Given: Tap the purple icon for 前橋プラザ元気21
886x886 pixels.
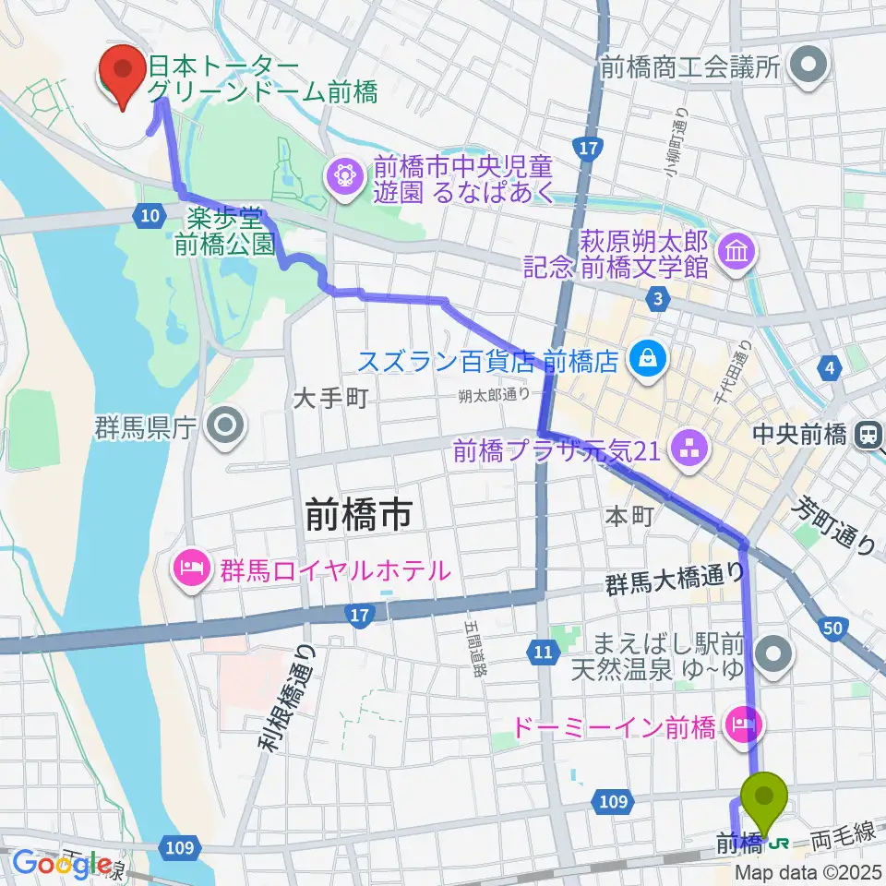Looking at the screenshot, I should coord(688,450).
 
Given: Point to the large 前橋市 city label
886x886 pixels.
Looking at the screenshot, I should coord(358,517).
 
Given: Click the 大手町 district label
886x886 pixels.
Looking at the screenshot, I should coord(330,400).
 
